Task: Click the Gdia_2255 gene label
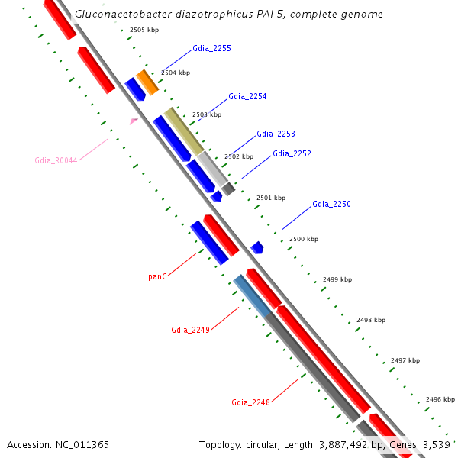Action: tap(211, 48)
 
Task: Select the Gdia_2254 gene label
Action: tap(247, 97)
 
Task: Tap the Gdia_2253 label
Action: tap(276, 134)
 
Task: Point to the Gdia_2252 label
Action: tap(292, 153)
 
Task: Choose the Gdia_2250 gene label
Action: tap(331, 205)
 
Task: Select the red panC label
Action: tap(157, 276)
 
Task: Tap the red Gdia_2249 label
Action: tap(190, 331)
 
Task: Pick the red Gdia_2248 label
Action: tap(250, 402)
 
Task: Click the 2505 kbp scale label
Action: tap(144, 30)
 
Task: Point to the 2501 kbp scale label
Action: tap(270, 198)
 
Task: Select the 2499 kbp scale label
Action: tap(337, 279)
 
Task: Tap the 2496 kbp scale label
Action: tap(440, 399)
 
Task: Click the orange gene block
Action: tap(147, 82)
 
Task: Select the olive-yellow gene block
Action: tap(184, 131)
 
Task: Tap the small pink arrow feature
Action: tap(134, 121)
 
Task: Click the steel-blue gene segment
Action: tap(252, 296)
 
